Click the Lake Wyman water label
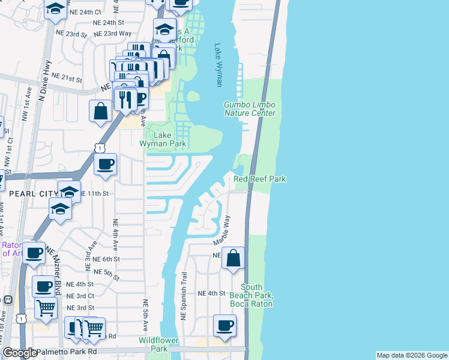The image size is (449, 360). [x=218, y=65]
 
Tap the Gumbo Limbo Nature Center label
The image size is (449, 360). [x=250, y=109]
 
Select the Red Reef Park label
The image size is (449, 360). [x=259, y=179]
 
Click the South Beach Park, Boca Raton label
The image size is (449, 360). [x=251, y=295]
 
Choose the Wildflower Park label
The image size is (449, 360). [x=158, y=344]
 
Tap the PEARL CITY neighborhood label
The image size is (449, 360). [x=32, y=194]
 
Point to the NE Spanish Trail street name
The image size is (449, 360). [x=184, y=295]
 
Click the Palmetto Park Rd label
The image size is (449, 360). [x=67, y=352]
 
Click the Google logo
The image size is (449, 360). [x=20, y=353]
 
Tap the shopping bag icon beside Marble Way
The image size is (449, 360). [x=234, y=259]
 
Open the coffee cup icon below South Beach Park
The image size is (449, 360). [x=225, y=326]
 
